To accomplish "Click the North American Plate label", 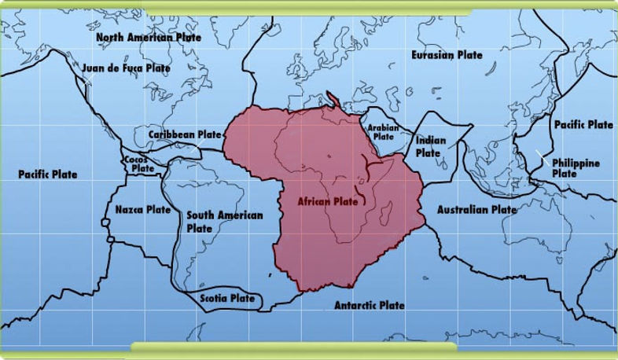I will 149,37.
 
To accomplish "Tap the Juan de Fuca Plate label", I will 126,68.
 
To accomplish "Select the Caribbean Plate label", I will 185,134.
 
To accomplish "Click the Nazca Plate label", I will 142,210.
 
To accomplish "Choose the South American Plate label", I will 223,221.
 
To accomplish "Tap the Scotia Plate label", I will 227,299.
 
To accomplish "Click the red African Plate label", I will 327,201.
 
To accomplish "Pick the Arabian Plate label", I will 383,131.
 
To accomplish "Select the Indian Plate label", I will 430,146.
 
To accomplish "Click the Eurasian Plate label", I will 447,55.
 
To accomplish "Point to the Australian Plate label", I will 476,210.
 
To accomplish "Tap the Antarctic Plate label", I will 369,305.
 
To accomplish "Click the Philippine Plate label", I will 576,167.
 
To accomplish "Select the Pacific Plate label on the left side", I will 48,174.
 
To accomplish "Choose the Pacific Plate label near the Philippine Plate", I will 583,124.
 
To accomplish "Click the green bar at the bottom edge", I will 293,347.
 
